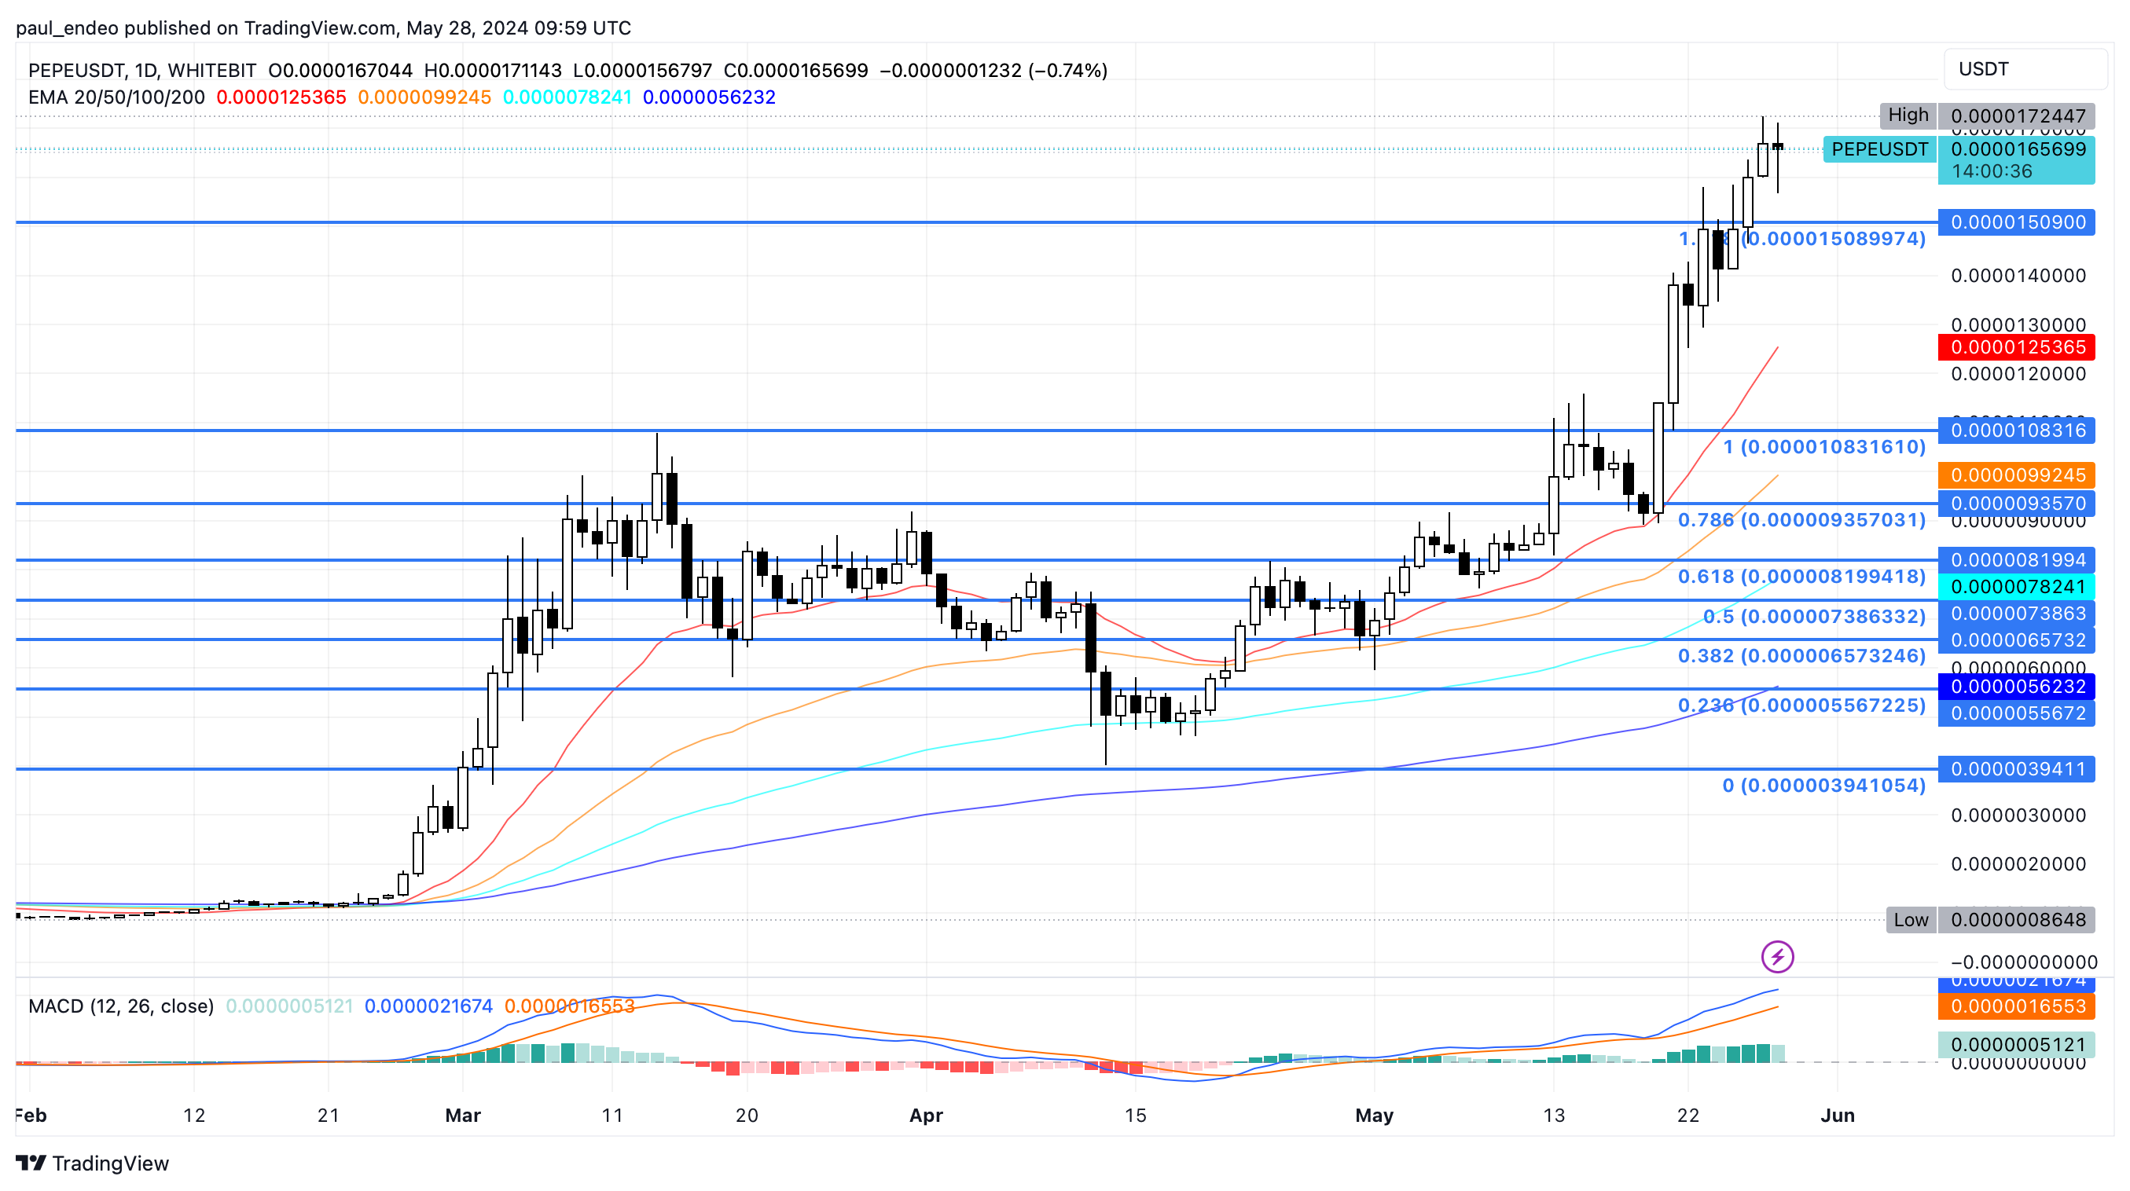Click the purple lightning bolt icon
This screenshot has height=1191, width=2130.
1777,957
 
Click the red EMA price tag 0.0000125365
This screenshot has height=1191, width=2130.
2016,347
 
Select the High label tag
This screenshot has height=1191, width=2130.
1908,115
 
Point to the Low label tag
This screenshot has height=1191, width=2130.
1910,920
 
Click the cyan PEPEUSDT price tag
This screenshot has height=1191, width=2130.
1878,149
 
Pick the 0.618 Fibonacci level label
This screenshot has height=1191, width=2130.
1801,576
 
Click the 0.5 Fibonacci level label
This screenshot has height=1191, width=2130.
1813,616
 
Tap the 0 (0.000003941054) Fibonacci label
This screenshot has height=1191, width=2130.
1823,785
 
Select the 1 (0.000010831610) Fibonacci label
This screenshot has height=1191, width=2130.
1823,447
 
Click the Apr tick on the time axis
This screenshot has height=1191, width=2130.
925,1115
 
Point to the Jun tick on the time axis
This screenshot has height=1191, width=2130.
1838,1115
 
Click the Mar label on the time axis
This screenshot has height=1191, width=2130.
462,1115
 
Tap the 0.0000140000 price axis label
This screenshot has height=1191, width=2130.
2018,275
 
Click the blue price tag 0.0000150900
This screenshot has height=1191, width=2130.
2016,222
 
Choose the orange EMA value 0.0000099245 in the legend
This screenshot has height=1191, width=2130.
424,97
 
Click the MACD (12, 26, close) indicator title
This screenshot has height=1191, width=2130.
121,1006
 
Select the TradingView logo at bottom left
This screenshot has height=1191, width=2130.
93,1163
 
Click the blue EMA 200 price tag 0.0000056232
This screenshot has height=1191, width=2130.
2016,686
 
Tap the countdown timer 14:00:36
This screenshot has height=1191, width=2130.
1991,171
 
